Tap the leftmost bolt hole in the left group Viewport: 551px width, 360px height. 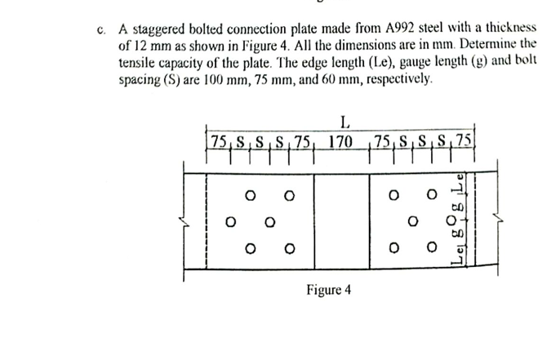click(231, 220)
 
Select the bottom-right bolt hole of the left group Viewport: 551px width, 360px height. click(288, 247)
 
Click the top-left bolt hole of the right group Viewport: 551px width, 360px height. click(393, 196)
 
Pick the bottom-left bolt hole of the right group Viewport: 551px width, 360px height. click(393, 247)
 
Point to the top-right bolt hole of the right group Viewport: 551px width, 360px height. click(431, 196)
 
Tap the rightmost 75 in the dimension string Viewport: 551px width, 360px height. click(464, 142)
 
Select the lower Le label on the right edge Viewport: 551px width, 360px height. click(460, 258)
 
